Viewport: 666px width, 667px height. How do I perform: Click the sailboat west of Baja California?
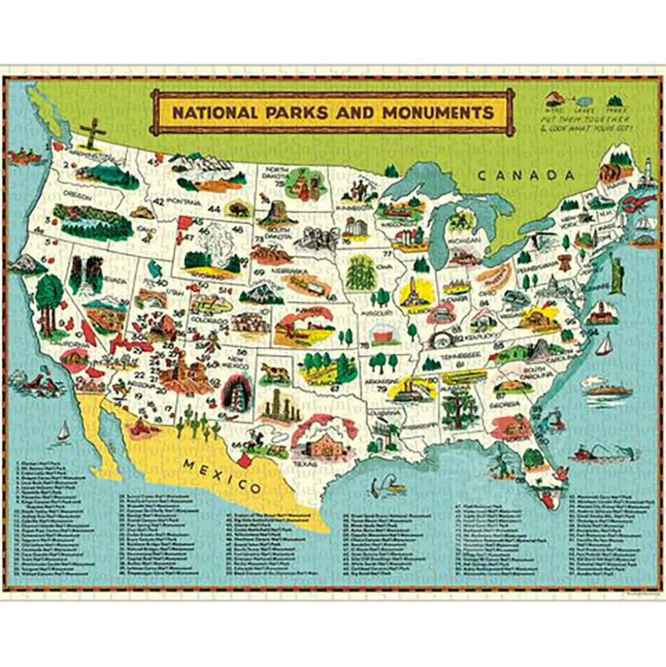[63, 431]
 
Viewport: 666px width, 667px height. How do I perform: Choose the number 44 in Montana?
[215, 208]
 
